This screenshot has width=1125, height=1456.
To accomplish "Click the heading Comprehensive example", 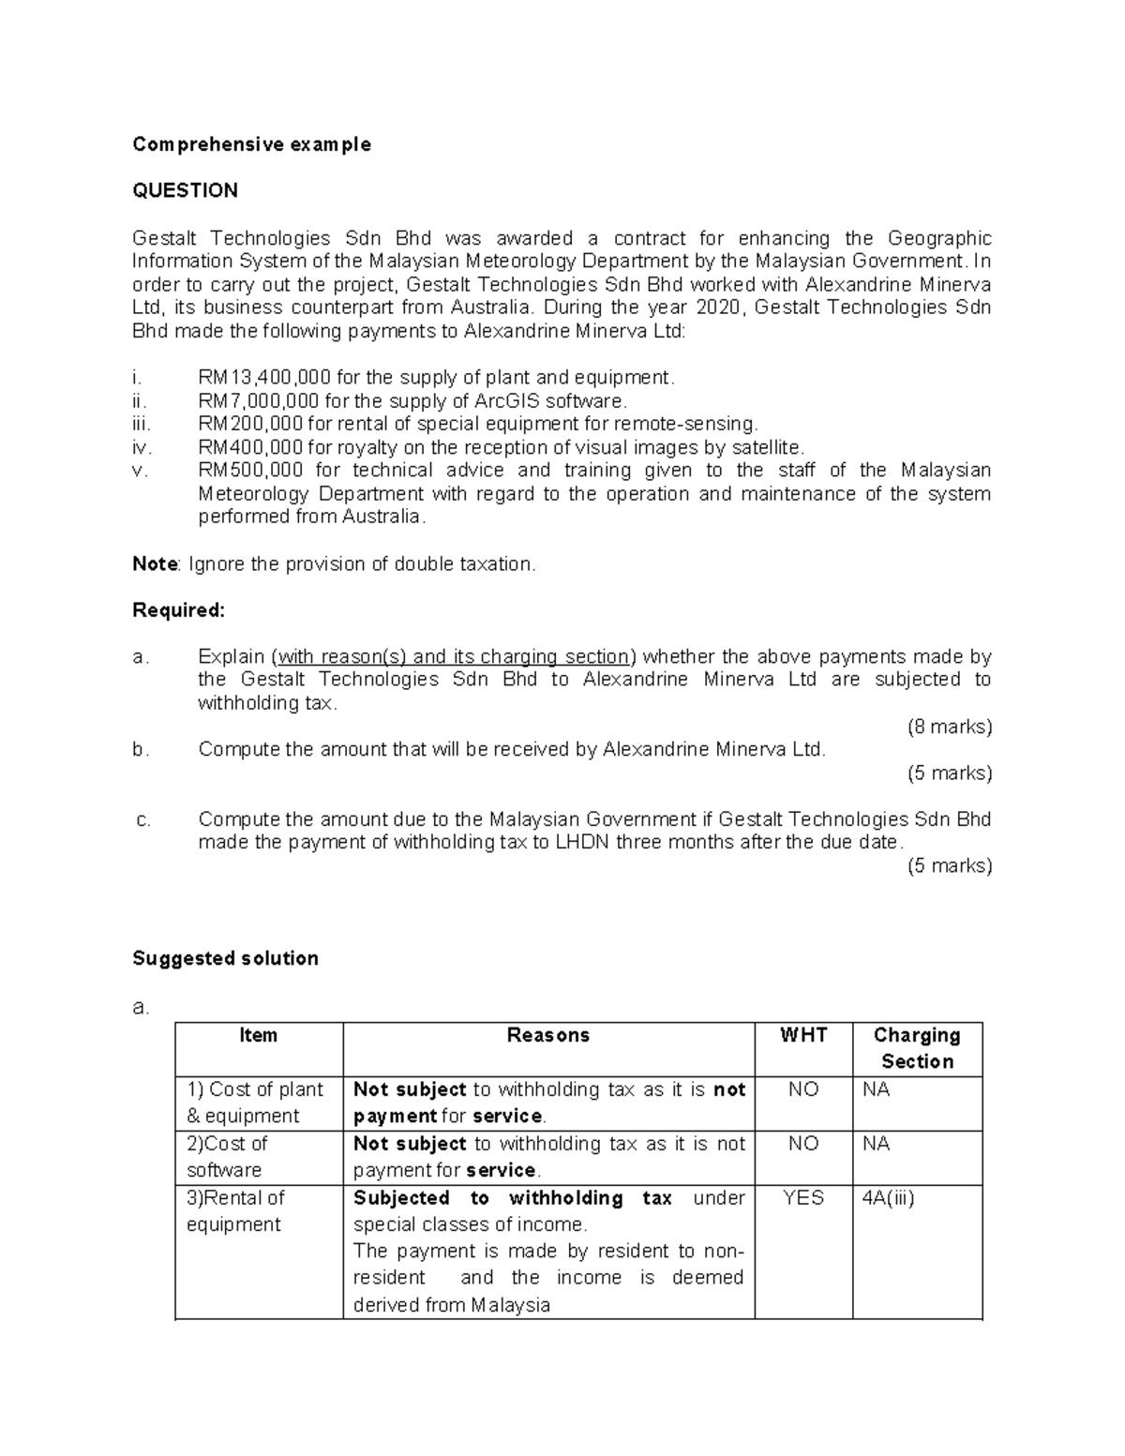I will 251,144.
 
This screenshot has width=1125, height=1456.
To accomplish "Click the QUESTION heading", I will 185,191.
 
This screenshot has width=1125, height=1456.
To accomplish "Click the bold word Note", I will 155,564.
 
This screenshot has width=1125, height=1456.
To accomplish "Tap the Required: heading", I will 178,610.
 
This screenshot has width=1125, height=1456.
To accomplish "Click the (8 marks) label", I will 949,727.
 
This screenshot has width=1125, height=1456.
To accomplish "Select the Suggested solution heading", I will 225,958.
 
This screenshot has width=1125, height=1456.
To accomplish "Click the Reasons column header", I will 547,1035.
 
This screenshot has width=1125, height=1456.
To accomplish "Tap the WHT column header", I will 803,1035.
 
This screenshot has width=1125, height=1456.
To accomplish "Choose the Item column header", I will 258,1035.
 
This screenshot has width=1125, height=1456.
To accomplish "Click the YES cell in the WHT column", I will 803,1198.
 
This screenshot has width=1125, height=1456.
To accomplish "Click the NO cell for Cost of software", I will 803,1144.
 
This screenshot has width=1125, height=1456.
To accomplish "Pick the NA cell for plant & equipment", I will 876,1089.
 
